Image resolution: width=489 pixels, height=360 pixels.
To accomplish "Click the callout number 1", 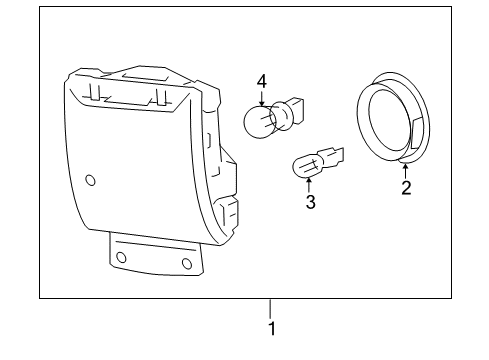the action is tap(269, 327).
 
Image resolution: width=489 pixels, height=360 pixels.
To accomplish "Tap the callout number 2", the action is tap(406, 186).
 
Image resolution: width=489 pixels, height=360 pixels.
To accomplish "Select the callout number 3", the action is tap(310, 202).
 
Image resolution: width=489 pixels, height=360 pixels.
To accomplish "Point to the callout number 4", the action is tap(262, 81).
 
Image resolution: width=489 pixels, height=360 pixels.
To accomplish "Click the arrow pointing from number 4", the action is tap(262, 99).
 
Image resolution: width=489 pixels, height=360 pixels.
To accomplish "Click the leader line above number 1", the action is tap(269, 307).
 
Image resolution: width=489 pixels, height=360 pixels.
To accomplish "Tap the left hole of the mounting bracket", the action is tap(122, 257).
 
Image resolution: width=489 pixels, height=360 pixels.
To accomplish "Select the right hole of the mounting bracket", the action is tap(186, 263).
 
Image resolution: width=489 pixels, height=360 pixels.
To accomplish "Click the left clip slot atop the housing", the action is tap(97, 93).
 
